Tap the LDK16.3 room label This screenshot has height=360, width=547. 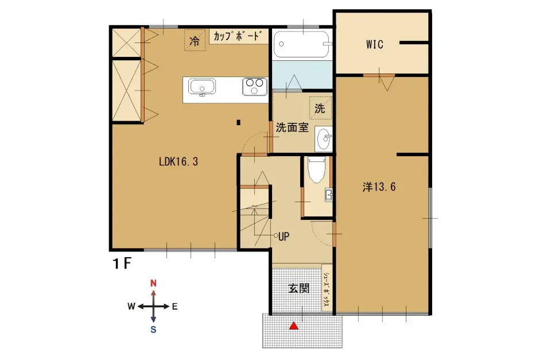tap(179, 162)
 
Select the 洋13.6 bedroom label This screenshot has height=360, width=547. tap(380, 187)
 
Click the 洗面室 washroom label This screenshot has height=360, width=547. tap(292, 127)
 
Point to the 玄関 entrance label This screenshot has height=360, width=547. tap(299, 288)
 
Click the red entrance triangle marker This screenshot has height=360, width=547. tap(294, 326)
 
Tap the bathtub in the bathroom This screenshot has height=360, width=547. tap(302, 44)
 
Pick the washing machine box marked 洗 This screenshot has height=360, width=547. tap(320, 107)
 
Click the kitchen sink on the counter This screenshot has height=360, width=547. tap(202, 88)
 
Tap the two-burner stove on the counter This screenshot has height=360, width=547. tap(254, 87)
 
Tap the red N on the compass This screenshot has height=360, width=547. tap(153, 282)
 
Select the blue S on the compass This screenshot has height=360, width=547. tap(153, 329)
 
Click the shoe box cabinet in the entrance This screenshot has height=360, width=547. tap(325, 288)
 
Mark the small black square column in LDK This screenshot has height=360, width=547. tap(238, 122)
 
